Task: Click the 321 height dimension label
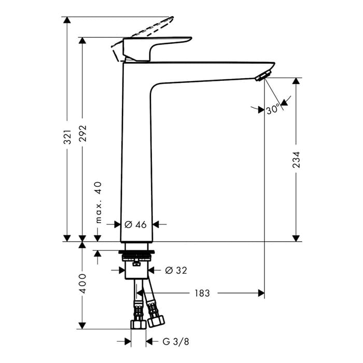pyautogui.click(x=67, y=137)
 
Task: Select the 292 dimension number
pyautogui.click(x=82, y=133)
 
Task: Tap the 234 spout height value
pyautogui.click(x=296, y=160)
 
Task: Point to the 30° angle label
pyautogui.click(x=273, y=109)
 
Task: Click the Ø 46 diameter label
pyautogui.click(x=136, y=225)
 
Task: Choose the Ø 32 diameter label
pyautogui.click(x=176, y=270)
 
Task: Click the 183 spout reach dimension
pyautogui.click(x=202, y=293)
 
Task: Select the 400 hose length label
pyautogui.click(x=82, y=284)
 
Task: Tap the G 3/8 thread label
pyautogui.click(x=176, y=341)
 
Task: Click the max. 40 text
pyautogui.click(x=99, y=202)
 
